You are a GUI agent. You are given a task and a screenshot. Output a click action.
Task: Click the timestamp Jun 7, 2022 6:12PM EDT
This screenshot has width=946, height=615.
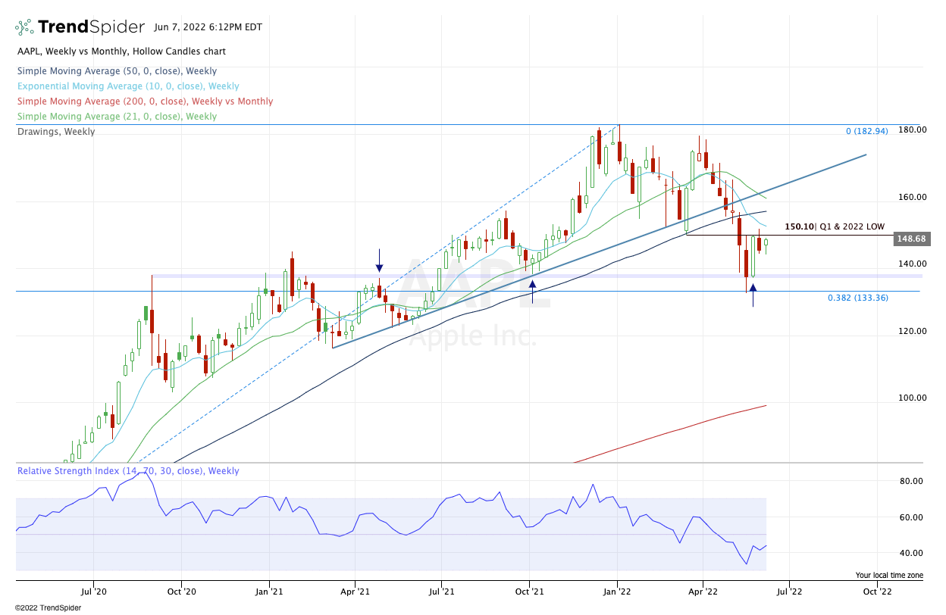tap(208, 27)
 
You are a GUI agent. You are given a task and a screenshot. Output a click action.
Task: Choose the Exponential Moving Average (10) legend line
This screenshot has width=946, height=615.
tap(127, 86)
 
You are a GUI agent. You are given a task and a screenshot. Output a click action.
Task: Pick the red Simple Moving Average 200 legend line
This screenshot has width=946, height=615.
tap(145, 101)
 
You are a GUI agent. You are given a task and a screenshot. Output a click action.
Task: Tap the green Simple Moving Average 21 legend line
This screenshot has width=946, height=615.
tap(117, 117)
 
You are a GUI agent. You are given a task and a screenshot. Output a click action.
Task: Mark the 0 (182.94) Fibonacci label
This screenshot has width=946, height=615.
tap(876, 132)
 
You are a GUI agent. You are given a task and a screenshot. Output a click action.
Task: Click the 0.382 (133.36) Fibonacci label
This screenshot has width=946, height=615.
tap(858, 298)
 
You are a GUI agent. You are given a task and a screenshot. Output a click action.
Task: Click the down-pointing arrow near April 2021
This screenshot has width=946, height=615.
tap(379, 267)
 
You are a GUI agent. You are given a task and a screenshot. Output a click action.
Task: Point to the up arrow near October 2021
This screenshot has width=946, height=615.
tap(533, 286)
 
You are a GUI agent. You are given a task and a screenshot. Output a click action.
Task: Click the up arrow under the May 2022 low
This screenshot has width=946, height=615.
tap(753, 289)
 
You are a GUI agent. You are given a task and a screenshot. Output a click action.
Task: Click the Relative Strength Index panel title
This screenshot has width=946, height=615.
tap(127, 471)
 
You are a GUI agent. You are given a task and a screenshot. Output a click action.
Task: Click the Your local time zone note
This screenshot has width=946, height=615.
tap(889, 576)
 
